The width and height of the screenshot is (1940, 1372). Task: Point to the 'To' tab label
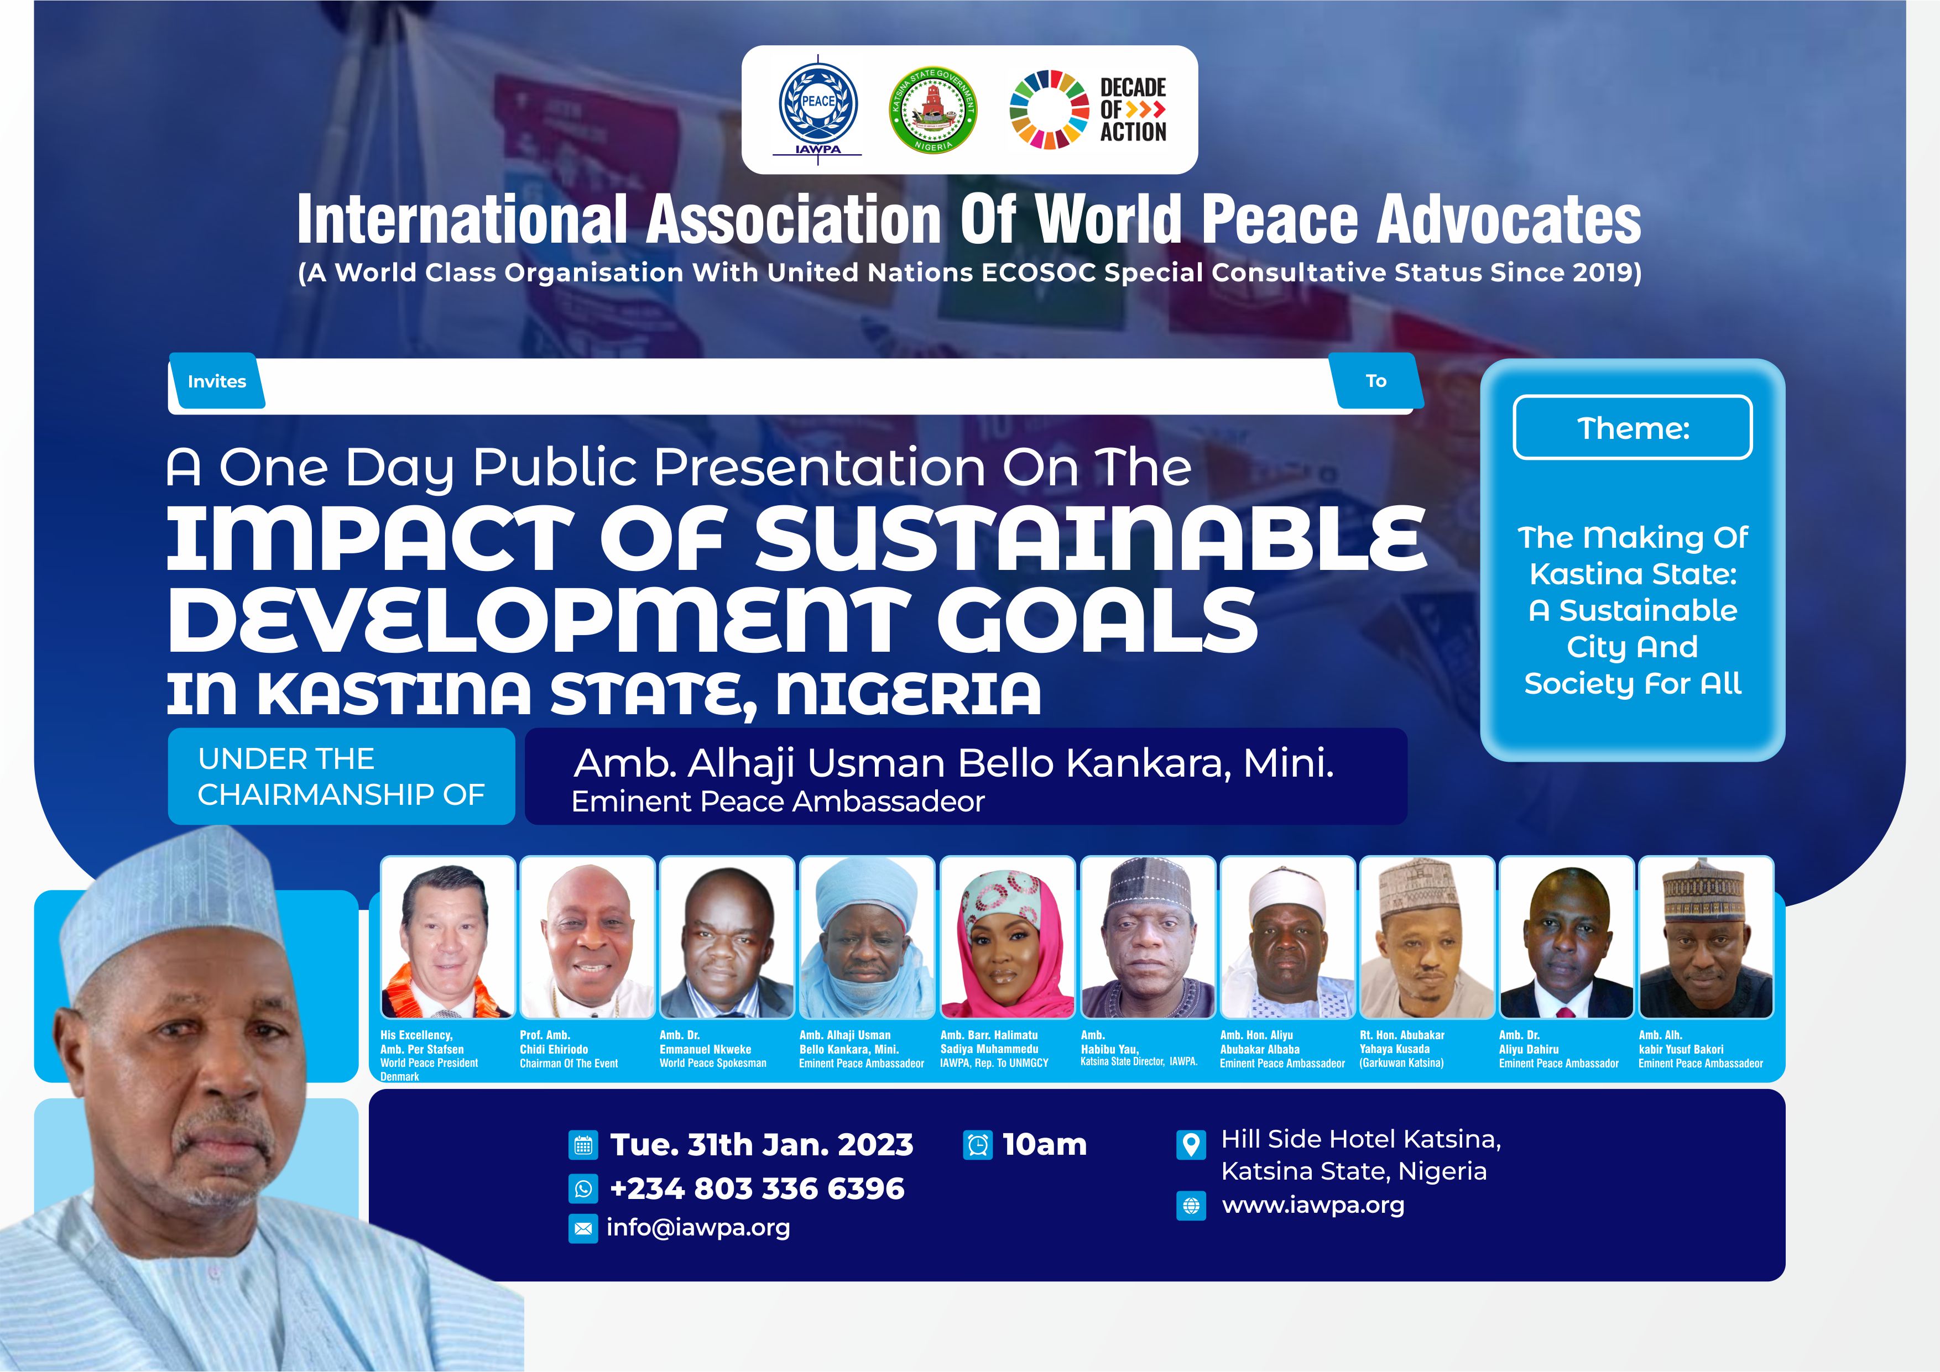pyautogui.click(x=1375, y=381)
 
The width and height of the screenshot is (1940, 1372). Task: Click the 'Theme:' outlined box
pyautogui.click(x=1633, y=427)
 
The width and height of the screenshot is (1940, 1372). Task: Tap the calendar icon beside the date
pyautogui.click(x=583, y=1145)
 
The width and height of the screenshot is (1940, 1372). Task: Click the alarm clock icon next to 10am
pyautogui.click(x=978, y=1145)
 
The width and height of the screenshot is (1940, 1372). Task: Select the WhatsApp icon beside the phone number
pyautogui.click(x=583, y=1188)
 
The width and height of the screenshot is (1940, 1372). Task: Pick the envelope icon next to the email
pyautogui.click(x=583, y=1228)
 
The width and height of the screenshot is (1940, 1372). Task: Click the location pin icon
pyautogui.click(x=1191, y=1145)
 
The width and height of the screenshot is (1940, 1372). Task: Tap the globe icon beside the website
pyautogui.click(x=1191, y=1206)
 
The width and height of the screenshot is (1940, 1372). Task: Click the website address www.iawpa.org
pyautogui.click(x=1313, y=1206)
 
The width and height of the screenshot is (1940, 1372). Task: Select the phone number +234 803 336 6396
pyautogui.click(x=757, y=1188)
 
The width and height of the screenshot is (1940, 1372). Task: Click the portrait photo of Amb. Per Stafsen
pyautogui.click(x=447, y=938)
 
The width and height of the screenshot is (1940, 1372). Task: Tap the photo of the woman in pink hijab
pyautogui.click(x=1007, y=938)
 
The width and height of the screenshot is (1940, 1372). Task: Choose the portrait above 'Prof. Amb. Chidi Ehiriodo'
pyautogui.click(x=587, y=938)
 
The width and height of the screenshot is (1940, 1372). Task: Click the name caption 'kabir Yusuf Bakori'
pyautogui.click(x=1681, y=1049)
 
